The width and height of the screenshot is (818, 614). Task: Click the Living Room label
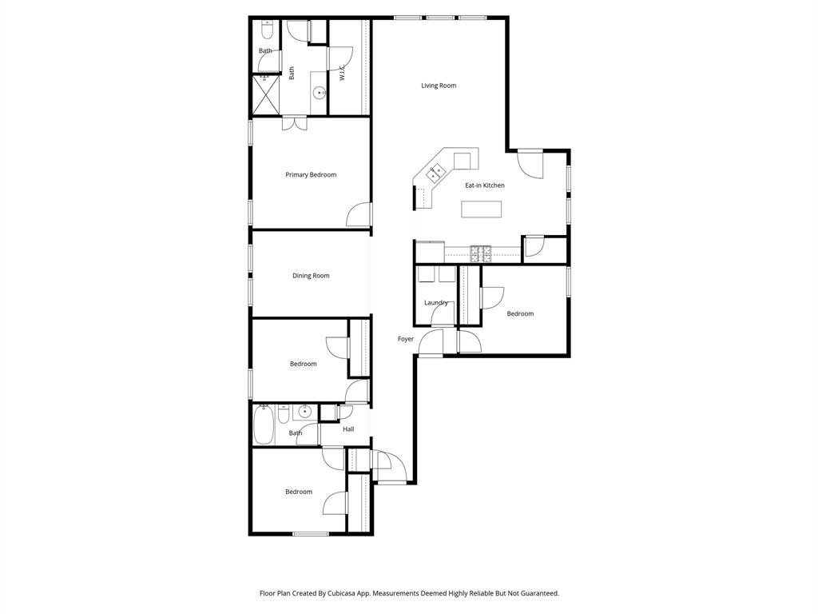coord(439,86)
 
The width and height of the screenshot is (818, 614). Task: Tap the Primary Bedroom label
coord(311,175)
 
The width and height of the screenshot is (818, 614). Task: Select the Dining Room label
coord(311,276)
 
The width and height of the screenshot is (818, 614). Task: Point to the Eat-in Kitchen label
coord(485,185)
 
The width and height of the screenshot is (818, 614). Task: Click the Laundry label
coord(435,303)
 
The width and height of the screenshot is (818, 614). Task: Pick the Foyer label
coord(406,339)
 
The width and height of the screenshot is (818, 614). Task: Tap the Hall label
coord(348,429)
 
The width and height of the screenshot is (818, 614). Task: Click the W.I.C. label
coord(342,73)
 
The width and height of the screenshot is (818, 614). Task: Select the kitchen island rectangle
coord(482,209)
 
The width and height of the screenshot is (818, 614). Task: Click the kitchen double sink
coord(436,171)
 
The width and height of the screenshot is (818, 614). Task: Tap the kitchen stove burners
coord(482,253)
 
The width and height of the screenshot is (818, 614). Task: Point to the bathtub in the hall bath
coord(264,425)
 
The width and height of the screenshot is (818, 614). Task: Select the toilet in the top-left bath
coord(267,30)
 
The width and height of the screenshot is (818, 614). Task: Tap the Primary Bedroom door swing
coord(359,214)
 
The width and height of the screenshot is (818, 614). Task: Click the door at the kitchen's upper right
coord(529,164)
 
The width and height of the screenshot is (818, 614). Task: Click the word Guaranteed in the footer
coord(537,593)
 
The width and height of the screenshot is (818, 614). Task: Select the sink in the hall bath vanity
coord(303,413)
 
